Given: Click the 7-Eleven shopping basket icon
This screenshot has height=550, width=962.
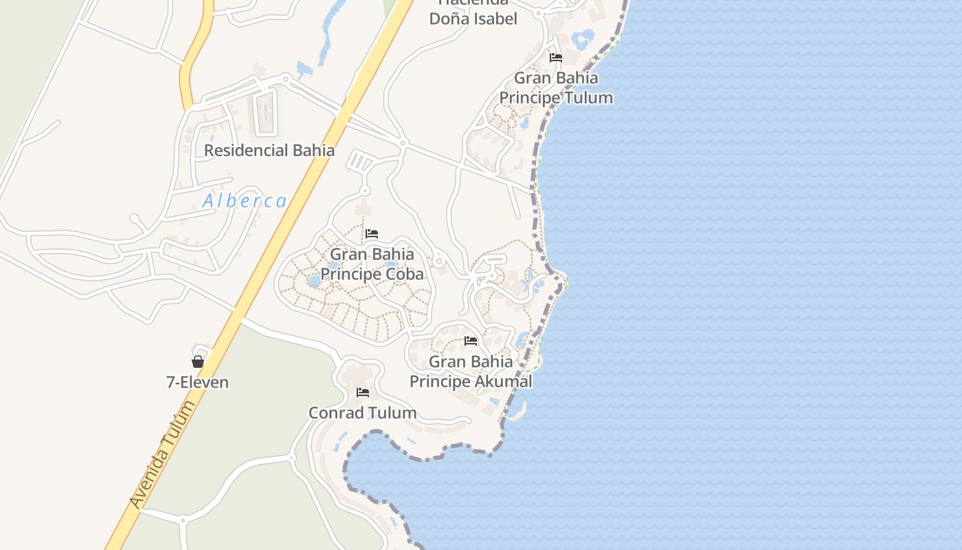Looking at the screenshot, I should coord(198,362).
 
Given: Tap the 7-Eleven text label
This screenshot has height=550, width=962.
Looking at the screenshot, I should coord(197,382).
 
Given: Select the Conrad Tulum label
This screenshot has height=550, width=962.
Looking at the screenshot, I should coord(362,412).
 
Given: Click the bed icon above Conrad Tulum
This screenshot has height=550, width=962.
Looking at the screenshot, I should coord(363,393).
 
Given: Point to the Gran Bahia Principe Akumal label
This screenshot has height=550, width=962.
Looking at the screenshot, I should coord(471,371).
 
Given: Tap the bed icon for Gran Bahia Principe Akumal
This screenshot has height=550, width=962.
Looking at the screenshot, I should coord(471,341).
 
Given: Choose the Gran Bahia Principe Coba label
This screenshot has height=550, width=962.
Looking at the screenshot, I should coord(372,264).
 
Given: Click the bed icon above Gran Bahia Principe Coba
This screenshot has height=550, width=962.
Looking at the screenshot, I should coord(372,234).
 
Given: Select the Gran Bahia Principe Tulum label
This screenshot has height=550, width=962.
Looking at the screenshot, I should coord(556,87).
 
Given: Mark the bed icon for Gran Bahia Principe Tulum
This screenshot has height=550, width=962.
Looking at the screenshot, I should coord(556,58).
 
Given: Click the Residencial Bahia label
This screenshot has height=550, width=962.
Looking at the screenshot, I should coord(269,150).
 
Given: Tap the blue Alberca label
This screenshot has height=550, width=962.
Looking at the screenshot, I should coord(245,201).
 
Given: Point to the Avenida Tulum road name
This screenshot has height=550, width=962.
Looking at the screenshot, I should coord(163,455).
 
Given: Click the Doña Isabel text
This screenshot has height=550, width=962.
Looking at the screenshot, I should coord(473,19).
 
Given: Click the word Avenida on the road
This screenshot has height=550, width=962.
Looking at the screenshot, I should coord(148,481).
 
